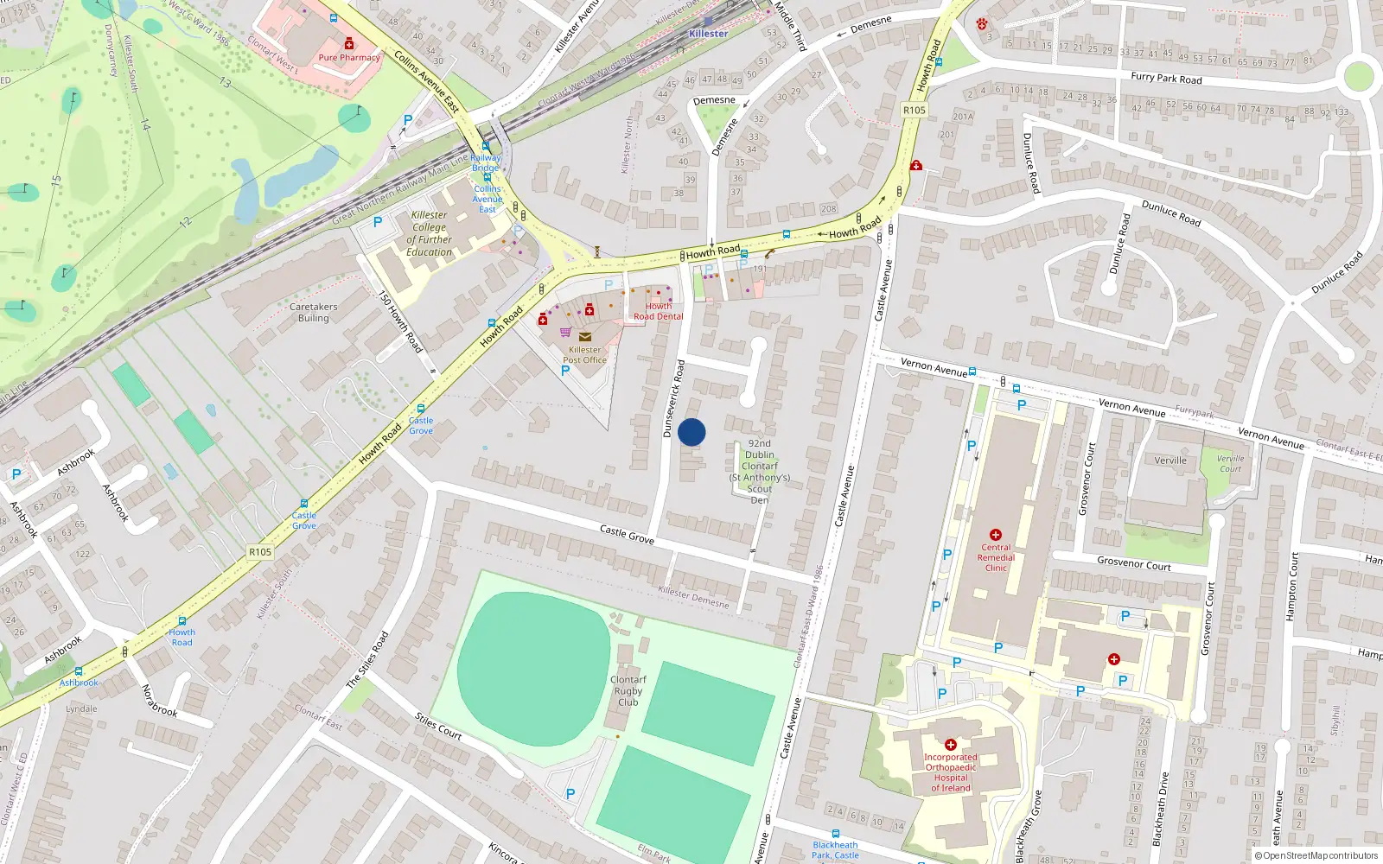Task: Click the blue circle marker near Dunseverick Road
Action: tap(691, 432)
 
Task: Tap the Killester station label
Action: tap(708, 34)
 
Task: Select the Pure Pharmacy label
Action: tap(349, 58)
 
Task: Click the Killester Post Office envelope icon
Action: tap(585, 337)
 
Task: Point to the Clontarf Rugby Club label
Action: tap(628, 690)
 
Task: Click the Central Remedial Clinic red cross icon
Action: tap(996, 535)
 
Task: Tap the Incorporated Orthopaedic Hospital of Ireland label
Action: tap(951, 772)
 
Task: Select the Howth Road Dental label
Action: tap(659, 312)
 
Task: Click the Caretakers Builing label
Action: tap(314, 313)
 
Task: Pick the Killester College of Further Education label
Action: tap(430, 233)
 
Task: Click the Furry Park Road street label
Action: tap(1166, 78)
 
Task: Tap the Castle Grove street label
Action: tap(627, 535)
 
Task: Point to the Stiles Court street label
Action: tap(438, 726)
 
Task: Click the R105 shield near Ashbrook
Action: tap(260, 552)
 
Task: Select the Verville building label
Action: tap(1170, 461)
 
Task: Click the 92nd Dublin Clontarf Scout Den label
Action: tap(760, 472)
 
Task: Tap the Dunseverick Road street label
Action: tap(674, 398)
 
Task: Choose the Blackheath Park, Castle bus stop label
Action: tap(835, 850)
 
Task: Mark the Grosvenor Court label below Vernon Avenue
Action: tap(1134, 564)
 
